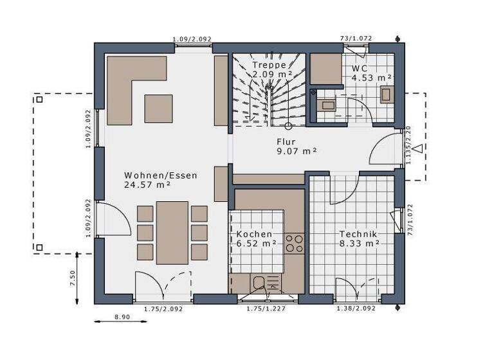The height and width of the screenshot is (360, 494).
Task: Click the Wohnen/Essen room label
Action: point(161,175)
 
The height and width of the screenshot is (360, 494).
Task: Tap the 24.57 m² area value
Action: point(147,184)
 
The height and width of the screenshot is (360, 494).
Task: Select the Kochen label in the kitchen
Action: point(254,234)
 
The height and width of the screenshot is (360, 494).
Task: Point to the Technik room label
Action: point(358,234)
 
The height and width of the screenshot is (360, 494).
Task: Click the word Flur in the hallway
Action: point(287,141)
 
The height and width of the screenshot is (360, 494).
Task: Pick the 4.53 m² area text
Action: point(371,78)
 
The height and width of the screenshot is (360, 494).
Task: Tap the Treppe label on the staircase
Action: point(269,65)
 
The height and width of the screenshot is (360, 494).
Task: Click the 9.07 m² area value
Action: point(297,151)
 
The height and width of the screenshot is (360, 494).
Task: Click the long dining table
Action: point(172,232)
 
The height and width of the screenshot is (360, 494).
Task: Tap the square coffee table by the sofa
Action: point(158,108)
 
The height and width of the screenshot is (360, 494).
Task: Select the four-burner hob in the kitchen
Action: point(295,243)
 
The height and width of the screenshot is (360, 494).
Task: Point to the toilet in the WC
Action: point(387,94)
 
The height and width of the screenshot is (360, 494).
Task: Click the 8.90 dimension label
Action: point(122,317)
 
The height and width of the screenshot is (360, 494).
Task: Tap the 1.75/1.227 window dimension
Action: point(266,309)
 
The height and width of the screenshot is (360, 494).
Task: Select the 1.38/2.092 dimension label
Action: point(356,309)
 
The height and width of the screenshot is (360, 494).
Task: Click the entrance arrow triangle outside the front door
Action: point(418,150)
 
